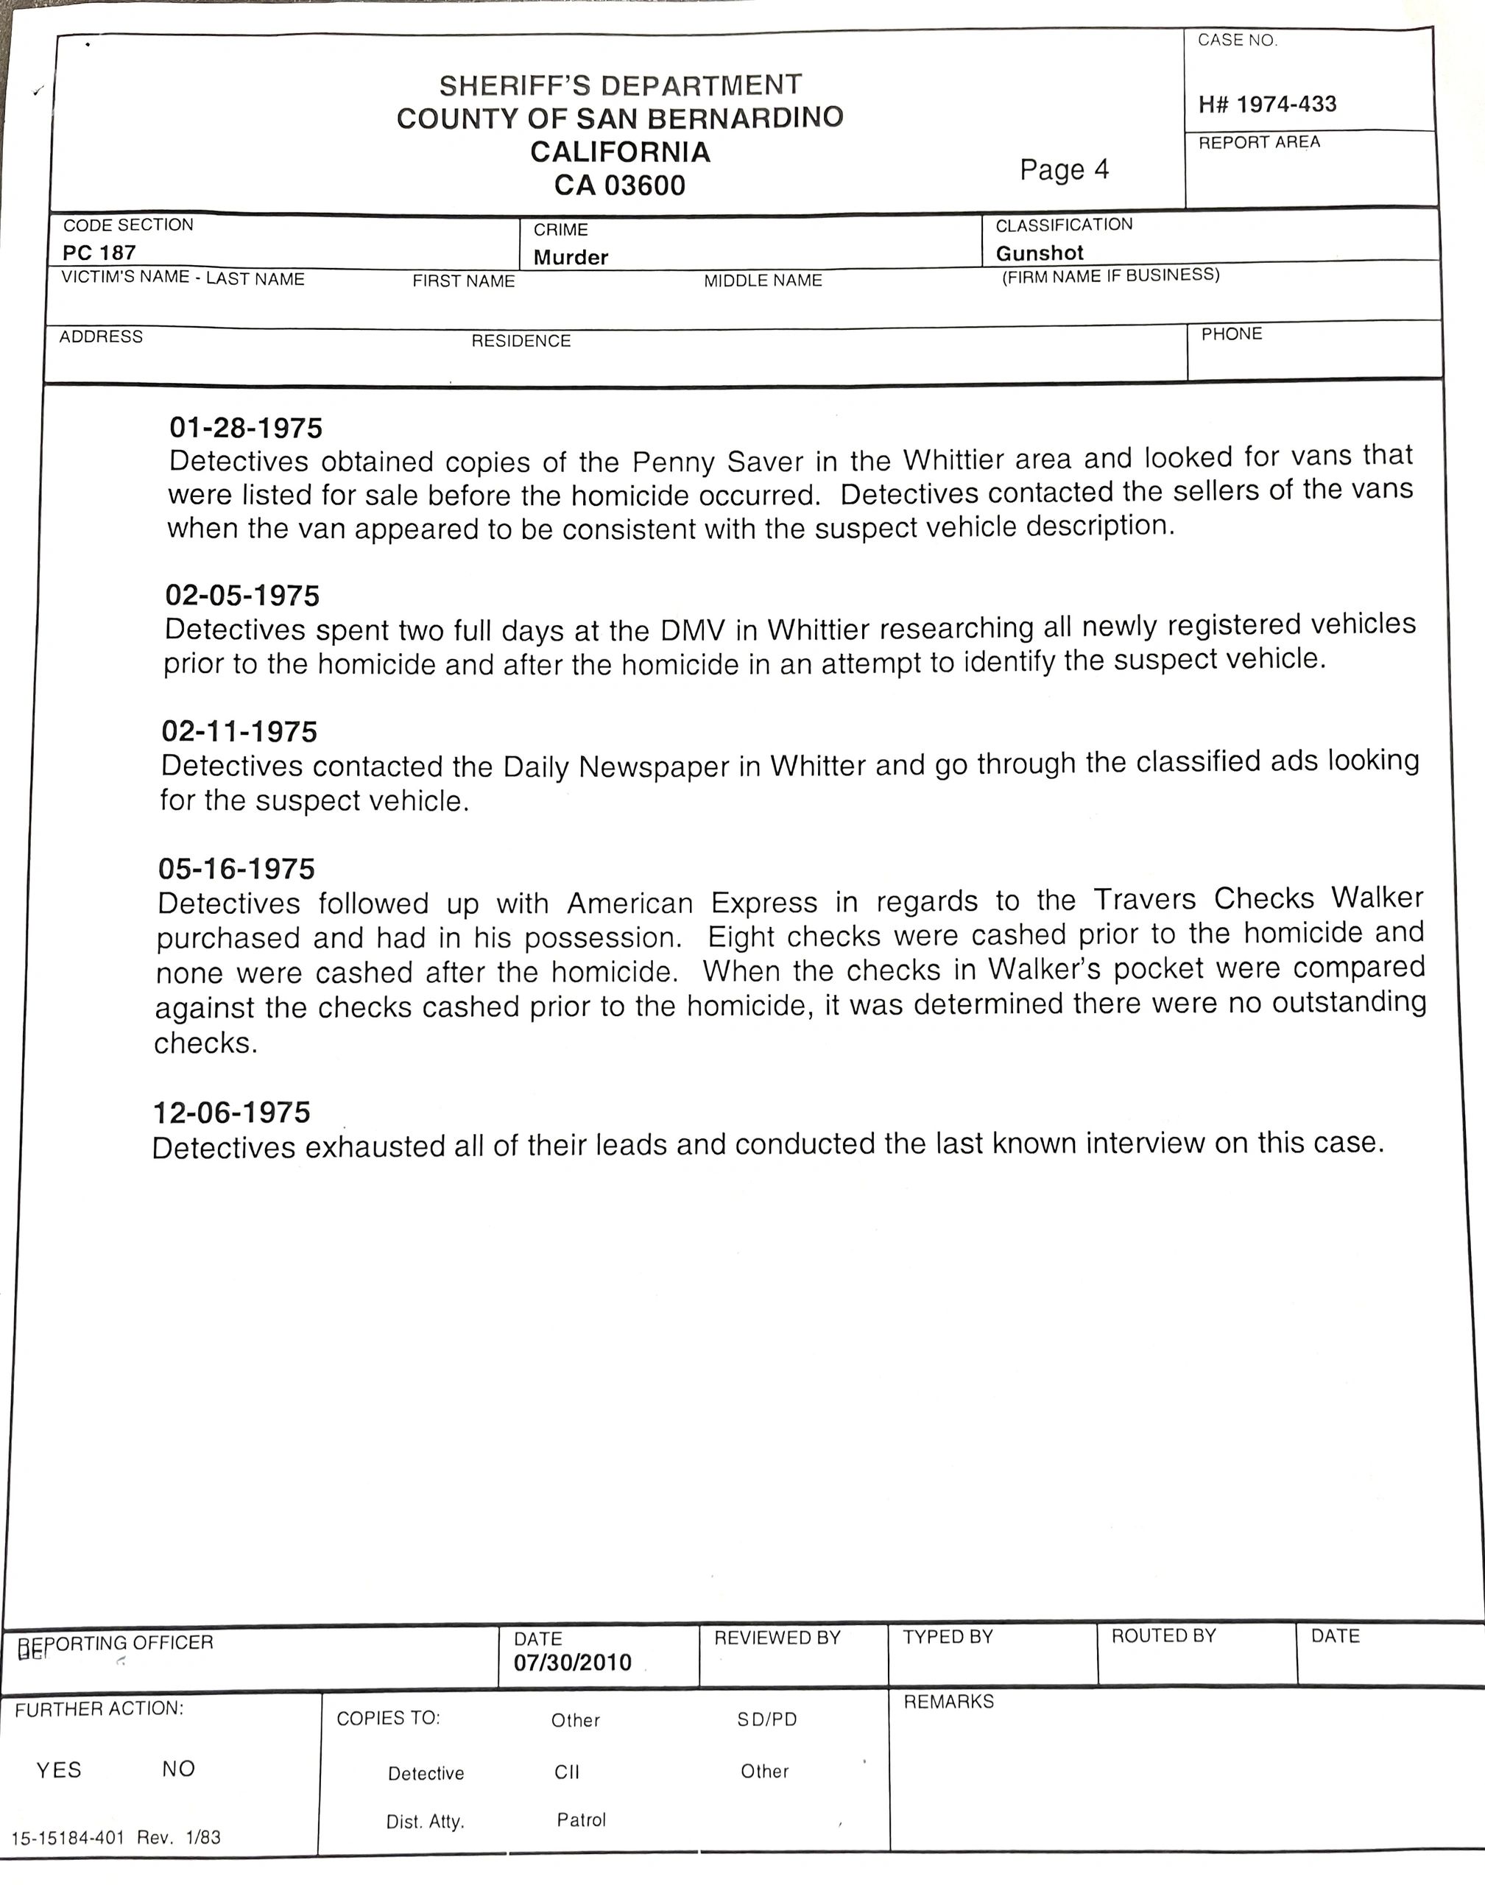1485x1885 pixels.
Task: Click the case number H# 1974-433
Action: pyautogui.click(x=1267, y=105)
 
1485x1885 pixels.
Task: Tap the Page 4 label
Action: pyautogui.click(x=1064, y=169)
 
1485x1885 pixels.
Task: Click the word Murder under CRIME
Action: pyautogui.click(x=571, y=258)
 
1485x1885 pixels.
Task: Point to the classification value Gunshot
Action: pyautogui.click(x=1039, y=253)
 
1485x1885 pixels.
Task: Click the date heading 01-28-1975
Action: pyautogui.click(x=245, y=428)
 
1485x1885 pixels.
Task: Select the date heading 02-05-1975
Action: pyautogui.click(x=241, y=596)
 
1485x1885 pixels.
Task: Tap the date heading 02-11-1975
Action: pyautogui.click(x=239, y=731)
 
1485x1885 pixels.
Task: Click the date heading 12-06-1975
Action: pyautogui.click(x=231, y=1112)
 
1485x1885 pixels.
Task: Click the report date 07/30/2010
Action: pyautogui.click(x=572, y=1663)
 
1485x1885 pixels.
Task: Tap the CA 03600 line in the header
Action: pyautogui.click(x=620, y=186)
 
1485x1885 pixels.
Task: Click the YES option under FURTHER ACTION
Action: pyautogui.click(x=58, y=1770)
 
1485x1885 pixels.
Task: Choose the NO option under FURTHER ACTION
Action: pyautogui.click(x=178, y=1769)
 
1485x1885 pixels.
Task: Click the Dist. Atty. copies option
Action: pyautogui.click(x=425, y=1822)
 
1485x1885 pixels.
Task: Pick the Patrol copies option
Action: pyautogui.click(x=581, y=1819)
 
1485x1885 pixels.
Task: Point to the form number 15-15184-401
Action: pyautogui.click(x=68, y=1838)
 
